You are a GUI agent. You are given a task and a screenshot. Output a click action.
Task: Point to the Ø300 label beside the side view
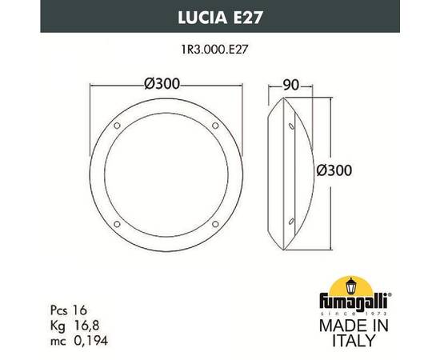[x=334, y=170]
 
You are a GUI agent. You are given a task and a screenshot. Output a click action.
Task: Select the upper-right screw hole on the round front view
[x=214, y=126]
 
